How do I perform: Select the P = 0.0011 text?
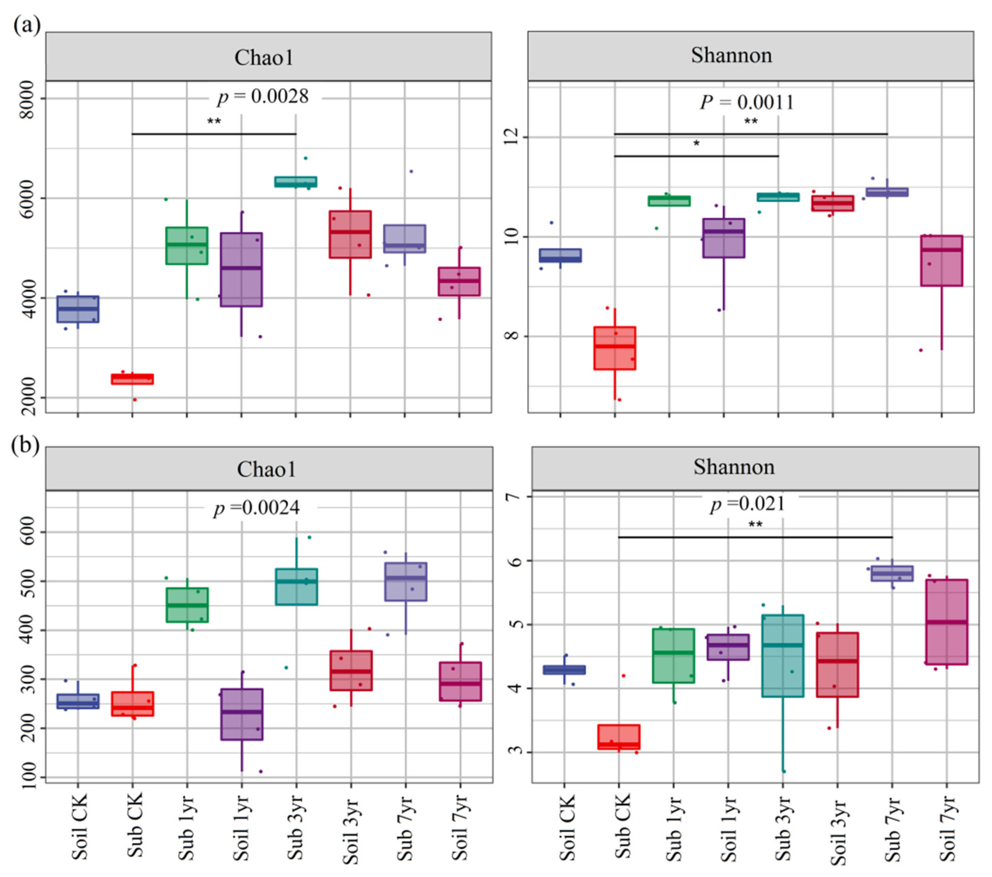[x=747, y=102]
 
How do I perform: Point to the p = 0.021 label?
[x=748, y=504]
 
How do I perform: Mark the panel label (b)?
[x=26, y=445]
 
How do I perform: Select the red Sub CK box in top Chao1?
[x=132, y=379]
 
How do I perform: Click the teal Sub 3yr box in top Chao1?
[x=296, y=182]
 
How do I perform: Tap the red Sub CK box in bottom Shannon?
[x=619, y=737]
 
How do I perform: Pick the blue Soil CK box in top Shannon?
[x=560, y=255]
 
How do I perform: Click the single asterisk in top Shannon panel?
[x=696, y=144]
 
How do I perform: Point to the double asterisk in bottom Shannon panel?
[x=755, y=525]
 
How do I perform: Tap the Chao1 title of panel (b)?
[x=266, y=469]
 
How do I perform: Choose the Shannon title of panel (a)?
[x=731, y=55]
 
